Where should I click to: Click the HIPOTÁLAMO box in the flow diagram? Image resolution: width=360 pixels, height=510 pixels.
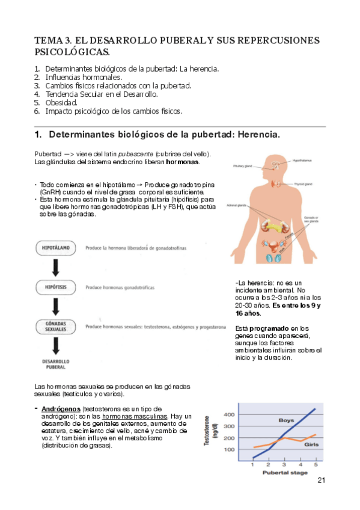pyautogui.click(x=55, y=247)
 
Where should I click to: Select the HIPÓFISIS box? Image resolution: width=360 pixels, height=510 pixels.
pyautogui.click(x=55, y=287)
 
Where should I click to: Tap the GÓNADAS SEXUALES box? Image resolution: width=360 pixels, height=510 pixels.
pyautogui.click(x=55, y=328)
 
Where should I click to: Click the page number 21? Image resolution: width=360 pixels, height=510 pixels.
pyautogui.click(x=320, y=480)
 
